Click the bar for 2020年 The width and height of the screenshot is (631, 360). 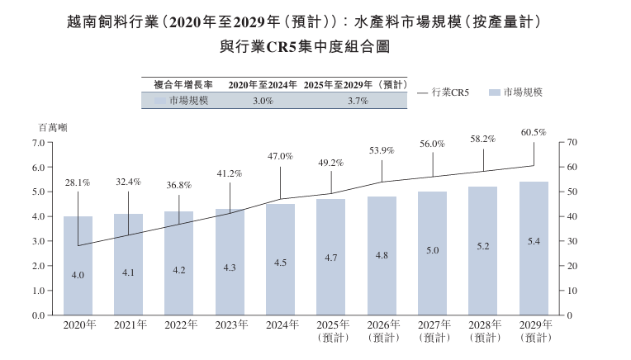coord(78,265)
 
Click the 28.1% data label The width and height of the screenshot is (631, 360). coord(78,182)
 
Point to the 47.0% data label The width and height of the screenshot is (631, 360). coord(281,156)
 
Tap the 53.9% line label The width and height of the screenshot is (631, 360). coord(382,151)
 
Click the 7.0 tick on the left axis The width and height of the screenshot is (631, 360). coord(38,143)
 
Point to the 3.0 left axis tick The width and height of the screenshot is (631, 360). coord(38,241)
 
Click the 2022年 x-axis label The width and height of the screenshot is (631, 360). coord(179,324)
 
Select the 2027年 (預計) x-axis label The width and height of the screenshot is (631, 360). coord(432,330)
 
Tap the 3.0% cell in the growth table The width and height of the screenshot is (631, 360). coord(263,101)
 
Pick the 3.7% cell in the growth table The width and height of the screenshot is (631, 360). coord(358,101)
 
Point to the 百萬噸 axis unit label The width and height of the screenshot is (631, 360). coord(53,127)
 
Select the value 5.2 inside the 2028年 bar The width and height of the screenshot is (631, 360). coord(482,247)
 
